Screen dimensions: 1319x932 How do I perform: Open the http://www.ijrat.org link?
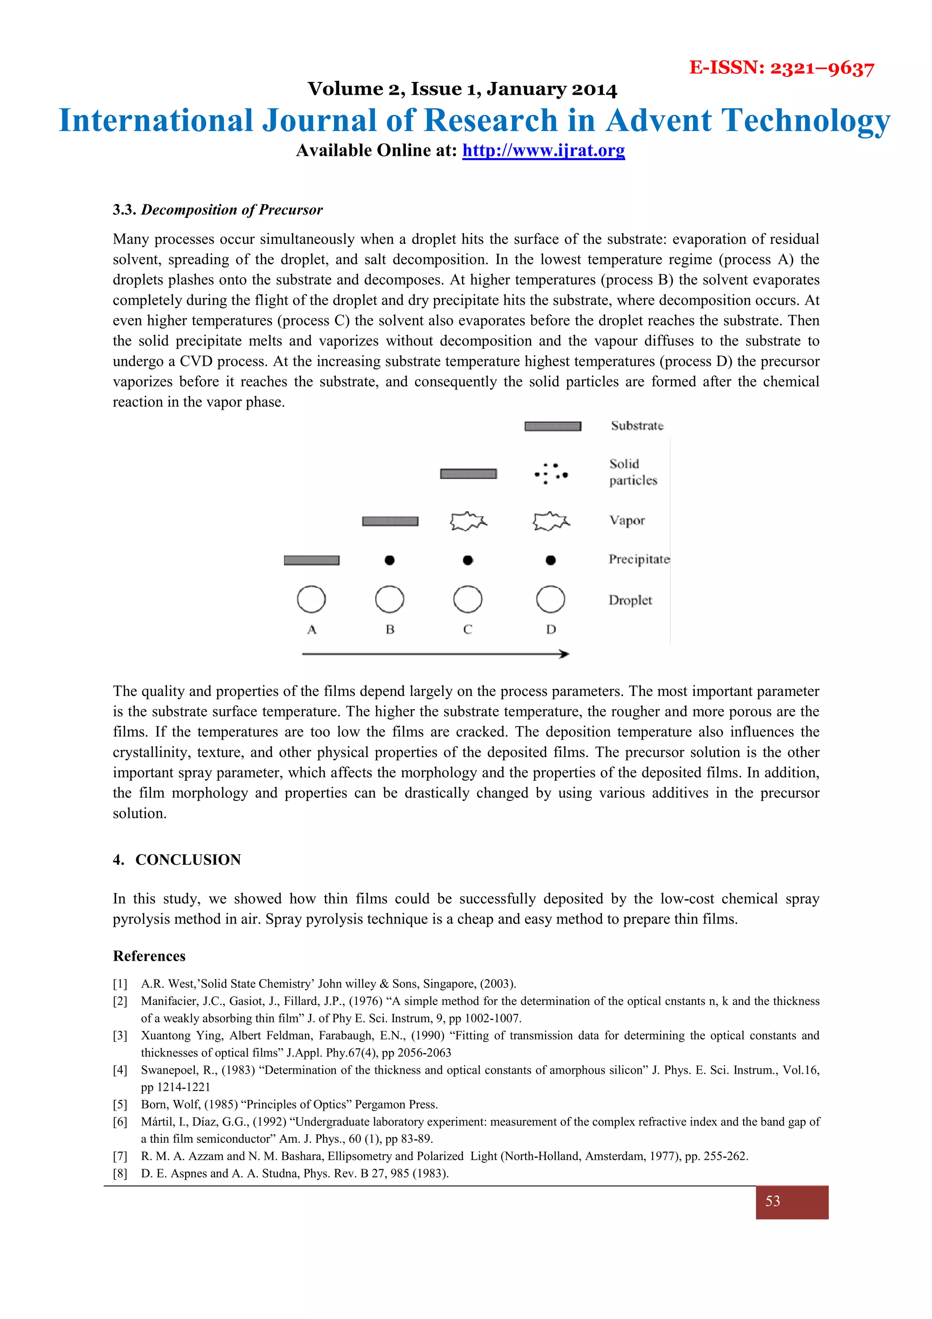coord(543,151)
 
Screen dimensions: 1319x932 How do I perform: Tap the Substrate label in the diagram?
coord(637,426)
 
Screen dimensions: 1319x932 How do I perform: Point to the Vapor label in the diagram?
coord(627,521)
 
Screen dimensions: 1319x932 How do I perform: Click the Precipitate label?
coord(638,559)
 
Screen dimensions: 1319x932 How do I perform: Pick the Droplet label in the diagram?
coord(630,600)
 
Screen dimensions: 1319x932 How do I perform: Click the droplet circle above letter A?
coord(311,599)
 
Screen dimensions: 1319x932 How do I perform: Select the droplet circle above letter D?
coord(550,599)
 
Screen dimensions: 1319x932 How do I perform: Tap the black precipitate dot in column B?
coord(390,560)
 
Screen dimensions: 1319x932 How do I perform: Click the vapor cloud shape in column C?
coord(468,521)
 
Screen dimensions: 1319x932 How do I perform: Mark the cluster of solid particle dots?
coord(551,474)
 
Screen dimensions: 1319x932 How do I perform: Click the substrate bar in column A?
coord(311,560)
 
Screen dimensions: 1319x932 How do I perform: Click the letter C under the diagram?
coord(467,629)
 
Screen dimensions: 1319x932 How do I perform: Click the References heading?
coord(149,956)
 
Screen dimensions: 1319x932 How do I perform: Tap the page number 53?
coord(772,1201)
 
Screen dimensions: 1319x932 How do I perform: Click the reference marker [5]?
coord(120,1104)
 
